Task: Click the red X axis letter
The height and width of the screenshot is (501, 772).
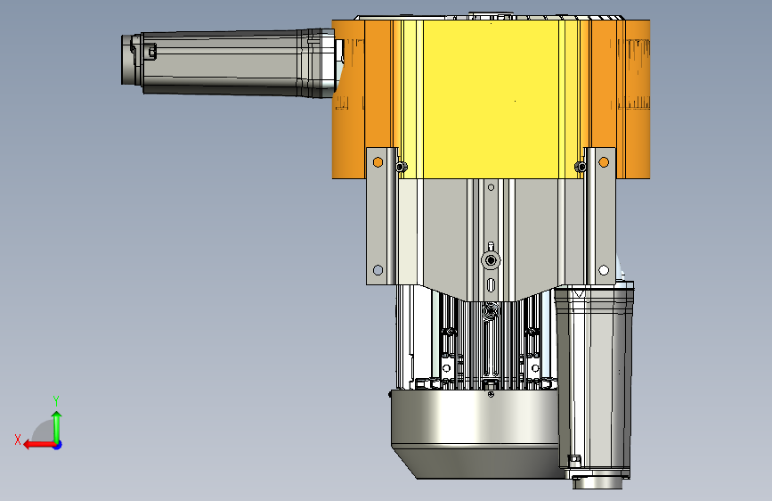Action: coord(18,439)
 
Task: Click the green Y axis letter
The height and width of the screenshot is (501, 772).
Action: coord(56,400)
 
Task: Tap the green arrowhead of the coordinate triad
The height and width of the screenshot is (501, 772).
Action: coord(57,416)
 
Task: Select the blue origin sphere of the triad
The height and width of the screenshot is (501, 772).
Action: coord(58,445)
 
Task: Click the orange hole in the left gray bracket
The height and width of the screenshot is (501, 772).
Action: coord(378,162)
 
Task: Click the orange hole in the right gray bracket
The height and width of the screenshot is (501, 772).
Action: coord(604,162)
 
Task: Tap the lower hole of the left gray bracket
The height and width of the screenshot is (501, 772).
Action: coord(378,270)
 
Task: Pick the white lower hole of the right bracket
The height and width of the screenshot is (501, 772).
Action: coord(604,270)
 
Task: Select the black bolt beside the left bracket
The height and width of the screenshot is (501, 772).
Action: coord(401,168)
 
